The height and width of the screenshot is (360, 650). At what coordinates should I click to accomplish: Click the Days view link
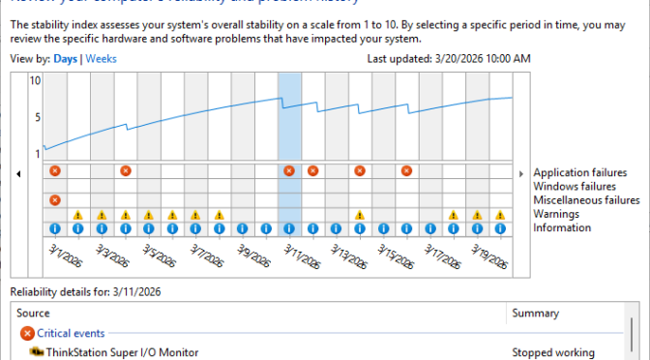point(66,59)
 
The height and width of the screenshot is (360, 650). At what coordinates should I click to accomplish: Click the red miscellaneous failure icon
point(55,200)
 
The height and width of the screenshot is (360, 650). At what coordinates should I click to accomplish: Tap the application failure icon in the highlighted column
point(289,171)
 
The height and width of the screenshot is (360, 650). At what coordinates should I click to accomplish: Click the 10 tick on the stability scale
point(35,80)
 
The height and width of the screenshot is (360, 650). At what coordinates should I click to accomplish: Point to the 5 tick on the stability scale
point(36,117)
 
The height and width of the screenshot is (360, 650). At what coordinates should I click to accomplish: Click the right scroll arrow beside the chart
point(521,174)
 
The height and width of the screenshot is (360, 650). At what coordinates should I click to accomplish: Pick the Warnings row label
point(560,214)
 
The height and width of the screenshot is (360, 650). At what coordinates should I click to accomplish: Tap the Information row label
point(562,227)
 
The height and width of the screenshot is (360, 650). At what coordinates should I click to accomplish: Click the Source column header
point(35,314)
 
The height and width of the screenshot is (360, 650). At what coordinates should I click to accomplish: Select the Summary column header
point(535,314)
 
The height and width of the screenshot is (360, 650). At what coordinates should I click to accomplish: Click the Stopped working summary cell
point(553,352)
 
